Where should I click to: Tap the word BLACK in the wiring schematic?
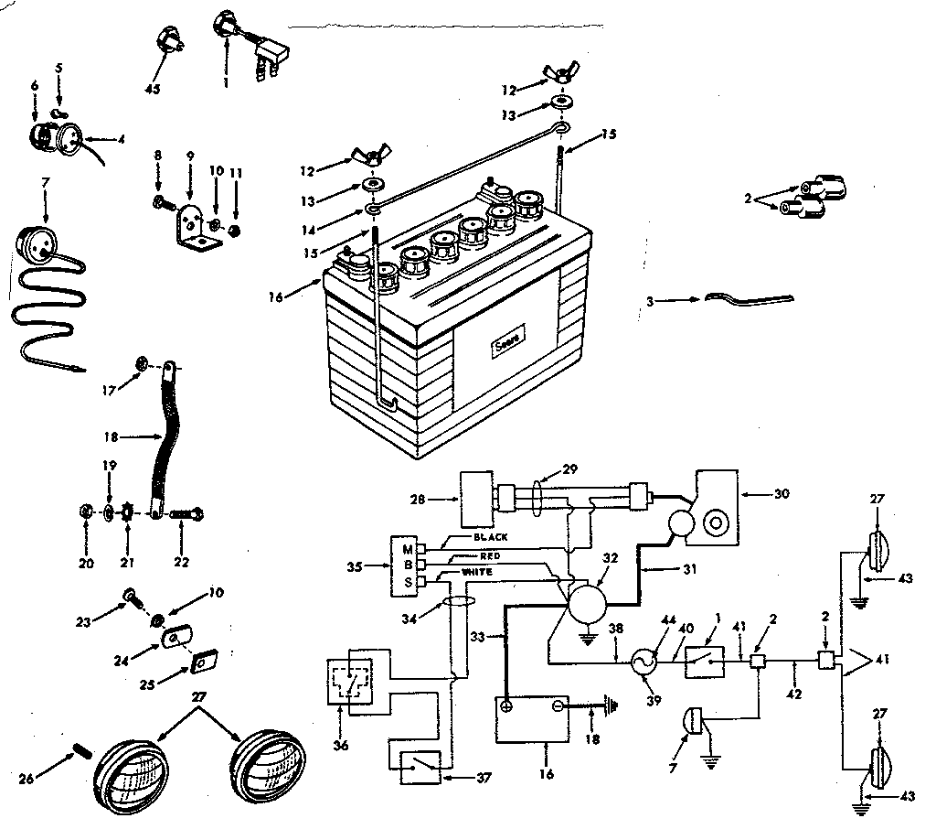point(491,538)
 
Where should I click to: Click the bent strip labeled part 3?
point(749,298)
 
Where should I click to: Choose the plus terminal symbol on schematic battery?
point(505,706)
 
